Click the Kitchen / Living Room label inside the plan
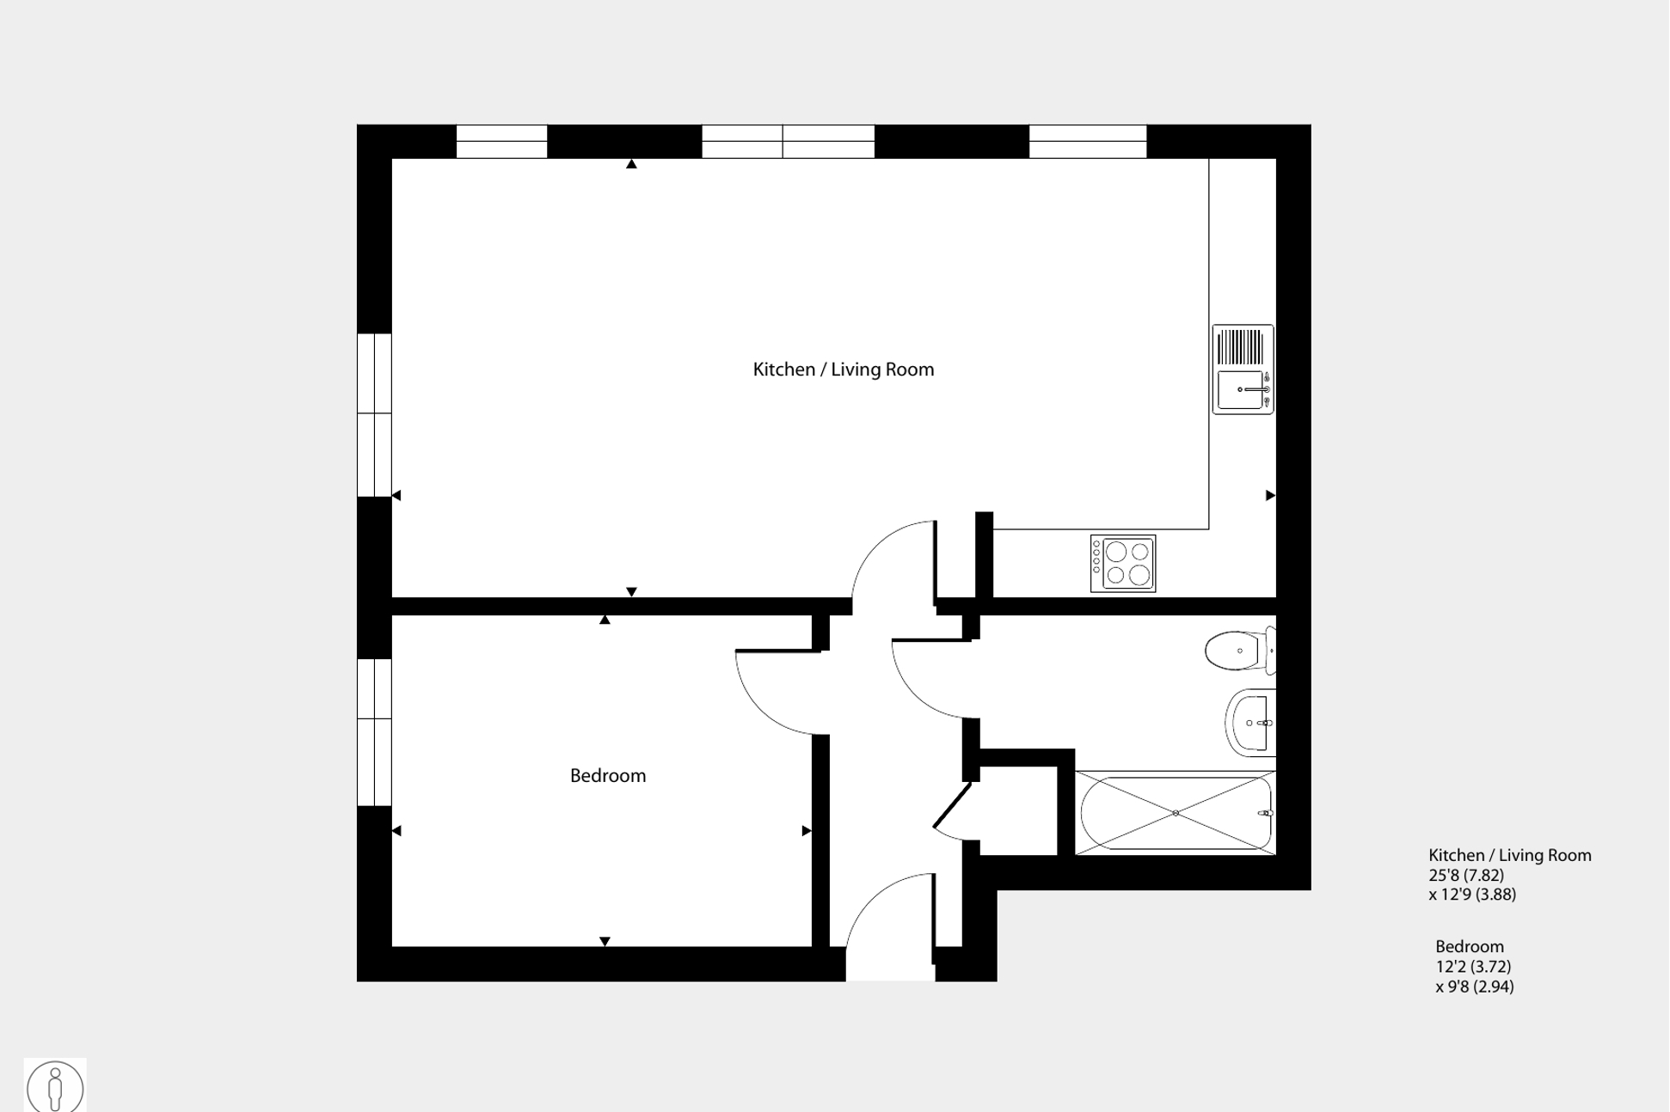(x=843, y=370)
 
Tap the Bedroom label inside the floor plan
(x=607, y=776)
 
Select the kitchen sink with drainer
(x=1243, y=370)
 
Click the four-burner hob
(x=1123, y=564)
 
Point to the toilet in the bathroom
(x=1238, y=651)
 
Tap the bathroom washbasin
(x=1252, y=723)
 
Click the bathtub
(x=1176, y=813)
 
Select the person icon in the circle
(x=55, y=1086)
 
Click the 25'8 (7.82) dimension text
(x=1466, y=875)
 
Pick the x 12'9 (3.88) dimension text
(x=1472, y=895)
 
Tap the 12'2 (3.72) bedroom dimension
(x=1473, y=967)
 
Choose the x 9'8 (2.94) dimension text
(x=1475, y=987)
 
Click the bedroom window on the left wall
(x=374, y=732)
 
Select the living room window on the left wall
(x=374, y=415)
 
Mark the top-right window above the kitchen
(x=1088, y=142)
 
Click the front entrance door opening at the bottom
(x=890, y=962)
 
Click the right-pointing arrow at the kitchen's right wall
(x=1270, y=496)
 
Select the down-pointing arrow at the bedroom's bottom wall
(x=605, y=942)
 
